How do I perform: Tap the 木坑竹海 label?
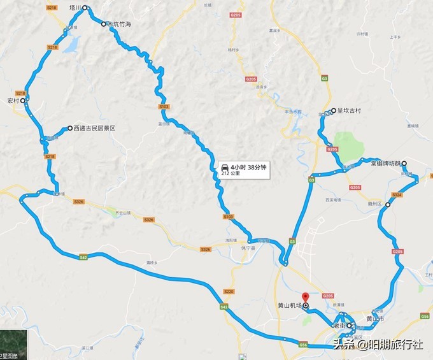119,24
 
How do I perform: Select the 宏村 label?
13,101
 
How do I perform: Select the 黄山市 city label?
375,319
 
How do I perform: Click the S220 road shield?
230,291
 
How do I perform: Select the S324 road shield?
397,194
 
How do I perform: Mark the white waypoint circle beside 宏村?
22,101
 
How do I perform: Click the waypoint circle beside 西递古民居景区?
69,128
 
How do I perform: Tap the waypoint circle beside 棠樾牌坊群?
404,163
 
